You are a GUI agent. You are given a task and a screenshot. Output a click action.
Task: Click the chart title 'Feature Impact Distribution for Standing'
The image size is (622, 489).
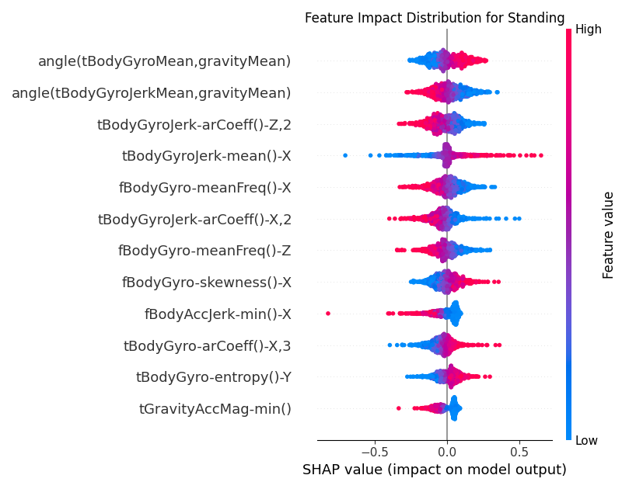434,18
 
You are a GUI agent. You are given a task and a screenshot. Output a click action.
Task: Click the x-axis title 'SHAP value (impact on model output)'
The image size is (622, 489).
434,470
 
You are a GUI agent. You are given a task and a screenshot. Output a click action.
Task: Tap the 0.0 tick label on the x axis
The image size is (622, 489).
447,451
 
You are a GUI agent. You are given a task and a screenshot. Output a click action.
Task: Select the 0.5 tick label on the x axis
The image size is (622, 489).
519,451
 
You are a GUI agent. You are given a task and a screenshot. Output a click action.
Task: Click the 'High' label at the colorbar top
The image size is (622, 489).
588,31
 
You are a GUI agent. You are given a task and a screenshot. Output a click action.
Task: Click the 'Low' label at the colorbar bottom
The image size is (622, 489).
586,441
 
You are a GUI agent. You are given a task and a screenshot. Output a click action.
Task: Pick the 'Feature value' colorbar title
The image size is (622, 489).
608,235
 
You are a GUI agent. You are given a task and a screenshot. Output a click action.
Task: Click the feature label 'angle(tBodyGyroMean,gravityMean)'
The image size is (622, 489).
164,61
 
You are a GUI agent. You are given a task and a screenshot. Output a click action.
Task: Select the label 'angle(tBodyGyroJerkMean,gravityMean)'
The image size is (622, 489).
151,92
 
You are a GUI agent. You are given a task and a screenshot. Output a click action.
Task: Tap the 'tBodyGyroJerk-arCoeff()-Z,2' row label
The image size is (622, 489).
194,124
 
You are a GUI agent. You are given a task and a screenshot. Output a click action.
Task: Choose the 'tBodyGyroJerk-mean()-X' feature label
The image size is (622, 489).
206,156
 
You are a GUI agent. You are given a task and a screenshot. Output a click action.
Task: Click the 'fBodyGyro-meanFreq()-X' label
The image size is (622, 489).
204,188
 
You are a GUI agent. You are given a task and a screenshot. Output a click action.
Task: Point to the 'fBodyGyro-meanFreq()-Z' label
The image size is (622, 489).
204,251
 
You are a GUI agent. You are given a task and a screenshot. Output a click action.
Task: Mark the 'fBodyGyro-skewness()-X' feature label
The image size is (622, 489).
206,283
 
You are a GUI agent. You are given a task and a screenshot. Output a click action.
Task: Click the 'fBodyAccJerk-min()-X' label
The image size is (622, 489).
218,314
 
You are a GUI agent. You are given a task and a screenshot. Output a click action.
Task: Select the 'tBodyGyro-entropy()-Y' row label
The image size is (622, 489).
213,377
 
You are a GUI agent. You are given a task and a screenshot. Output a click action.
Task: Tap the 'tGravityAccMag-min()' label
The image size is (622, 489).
215,409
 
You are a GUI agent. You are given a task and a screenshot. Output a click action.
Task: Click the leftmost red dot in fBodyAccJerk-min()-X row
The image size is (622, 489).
328,314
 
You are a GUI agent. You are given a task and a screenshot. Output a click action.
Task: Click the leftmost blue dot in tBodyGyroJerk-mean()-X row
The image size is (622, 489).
345,155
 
